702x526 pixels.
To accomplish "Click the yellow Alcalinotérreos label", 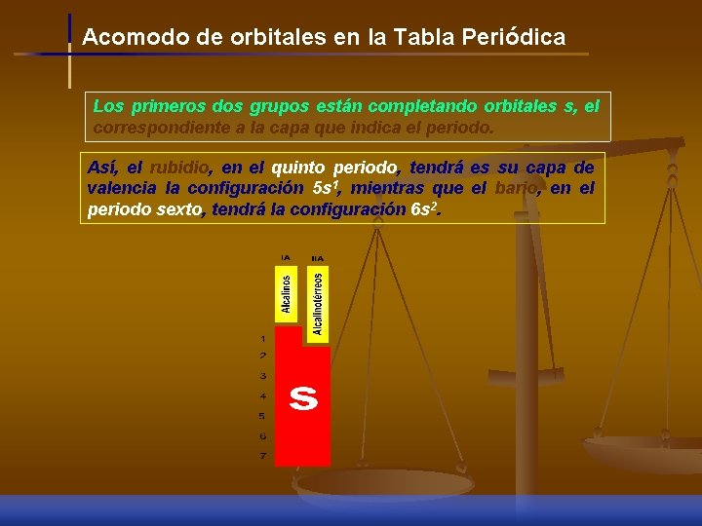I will tap(318, 303).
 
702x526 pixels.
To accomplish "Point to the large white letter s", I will tap(303, 397).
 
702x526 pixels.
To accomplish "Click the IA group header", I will tap(286, 257).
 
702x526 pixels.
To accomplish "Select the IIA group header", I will tap(317, 258).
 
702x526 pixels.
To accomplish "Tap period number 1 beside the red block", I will tap(262, 338).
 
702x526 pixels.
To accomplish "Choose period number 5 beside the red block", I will tap(262, 416).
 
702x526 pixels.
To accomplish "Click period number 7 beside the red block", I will tap(262, 456).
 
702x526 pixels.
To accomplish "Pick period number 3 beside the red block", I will tap(262, 376).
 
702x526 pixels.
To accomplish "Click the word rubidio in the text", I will tap(178, 168).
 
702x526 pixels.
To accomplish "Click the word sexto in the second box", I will tap(177, 208).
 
